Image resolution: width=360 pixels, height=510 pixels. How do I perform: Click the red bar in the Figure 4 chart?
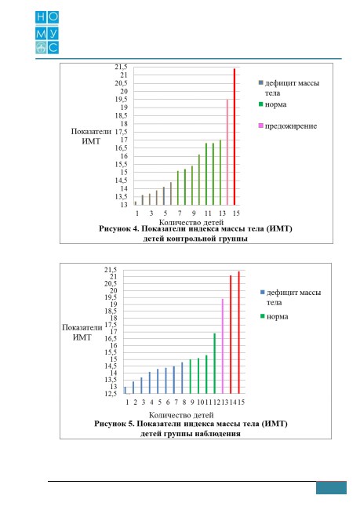tap(235, 137)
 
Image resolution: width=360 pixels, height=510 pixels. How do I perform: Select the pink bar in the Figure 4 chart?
tap(227, 152)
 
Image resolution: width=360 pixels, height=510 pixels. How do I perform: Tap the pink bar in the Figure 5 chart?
tap(223, 346)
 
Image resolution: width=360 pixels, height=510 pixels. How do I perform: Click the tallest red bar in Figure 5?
tap(239, 333)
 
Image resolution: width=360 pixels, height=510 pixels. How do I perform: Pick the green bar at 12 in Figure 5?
tap(215, 363)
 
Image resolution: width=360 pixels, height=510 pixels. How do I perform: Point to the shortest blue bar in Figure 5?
tap(125, 390)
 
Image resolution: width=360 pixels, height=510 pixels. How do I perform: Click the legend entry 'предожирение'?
tap(288, 126)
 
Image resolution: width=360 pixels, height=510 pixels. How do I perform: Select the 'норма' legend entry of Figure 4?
tap(272, 104)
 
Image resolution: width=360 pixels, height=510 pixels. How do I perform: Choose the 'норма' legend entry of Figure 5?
tap(275, 316)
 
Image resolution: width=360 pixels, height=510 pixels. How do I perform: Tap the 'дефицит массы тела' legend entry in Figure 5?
tap(290, 297)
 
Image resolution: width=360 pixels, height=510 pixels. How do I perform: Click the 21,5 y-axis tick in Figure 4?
tap(121, 67)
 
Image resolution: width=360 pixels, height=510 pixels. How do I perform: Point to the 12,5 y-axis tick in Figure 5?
tap(111, 394)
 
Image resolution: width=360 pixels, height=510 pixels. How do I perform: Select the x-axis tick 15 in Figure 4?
tap(236, 213)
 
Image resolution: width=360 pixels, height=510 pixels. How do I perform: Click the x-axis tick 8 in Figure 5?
tap(184, 403)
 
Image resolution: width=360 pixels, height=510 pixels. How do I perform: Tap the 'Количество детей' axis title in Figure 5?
tap(181, 415)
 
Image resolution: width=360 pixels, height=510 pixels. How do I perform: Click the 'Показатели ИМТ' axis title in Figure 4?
tap(91, 137)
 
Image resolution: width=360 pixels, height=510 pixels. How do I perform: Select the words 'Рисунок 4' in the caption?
tap(119, 228)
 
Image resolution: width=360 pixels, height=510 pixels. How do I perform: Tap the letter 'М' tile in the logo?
tap(41, 34)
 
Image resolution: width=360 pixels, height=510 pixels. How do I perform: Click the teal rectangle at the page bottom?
tap(331, 488)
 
